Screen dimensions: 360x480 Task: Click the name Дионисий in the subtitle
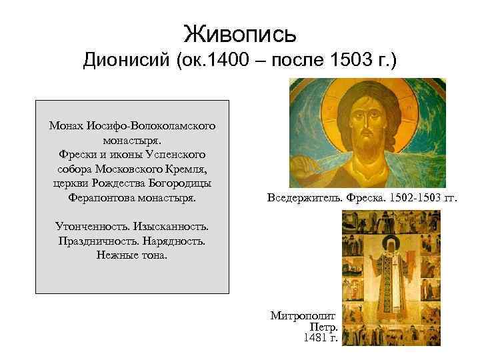(126, 61)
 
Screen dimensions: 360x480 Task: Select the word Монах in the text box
(65, 125)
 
